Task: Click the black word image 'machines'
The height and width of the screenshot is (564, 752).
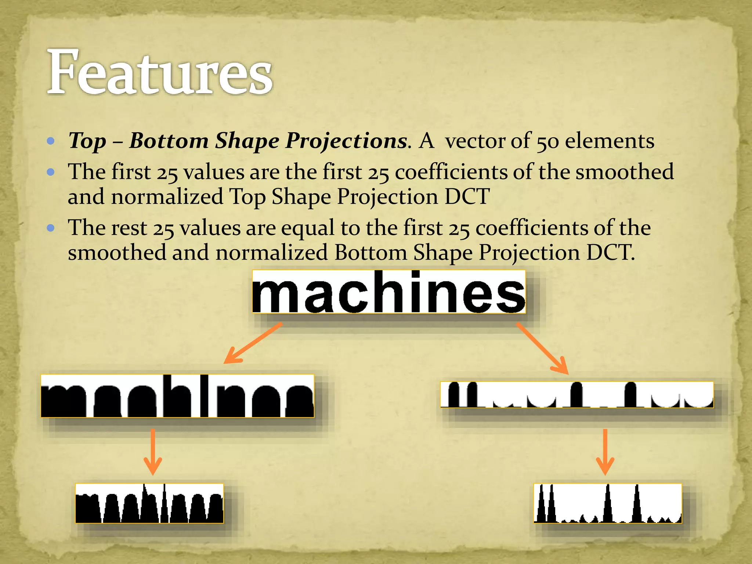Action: tap(389, 292)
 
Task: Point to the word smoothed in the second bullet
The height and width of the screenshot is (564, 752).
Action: tap(624, 172)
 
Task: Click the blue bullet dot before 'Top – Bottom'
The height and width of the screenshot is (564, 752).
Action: tap(51, 141)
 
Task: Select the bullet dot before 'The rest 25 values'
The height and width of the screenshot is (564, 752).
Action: tap(51, 228)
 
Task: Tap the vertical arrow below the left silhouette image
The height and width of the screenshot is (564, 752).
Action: tap(153, 452)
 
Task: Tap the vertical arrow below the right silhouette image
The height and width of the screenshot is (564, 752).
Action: tap(605, 452)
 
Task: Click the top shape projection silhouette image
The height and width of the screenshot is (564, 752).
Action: tap(177, 396)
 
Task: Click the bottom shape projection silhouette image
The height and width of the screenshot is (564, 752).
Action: tap(576, 395)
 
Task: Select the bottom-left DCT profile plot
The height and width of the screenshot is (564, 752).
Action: tap(149, 503)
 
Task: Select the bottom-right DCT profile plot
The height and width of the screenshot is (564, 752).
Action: tap(607, 503)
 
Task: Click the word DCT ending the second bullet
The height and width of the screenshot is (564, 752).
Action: tap(467, 196)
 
